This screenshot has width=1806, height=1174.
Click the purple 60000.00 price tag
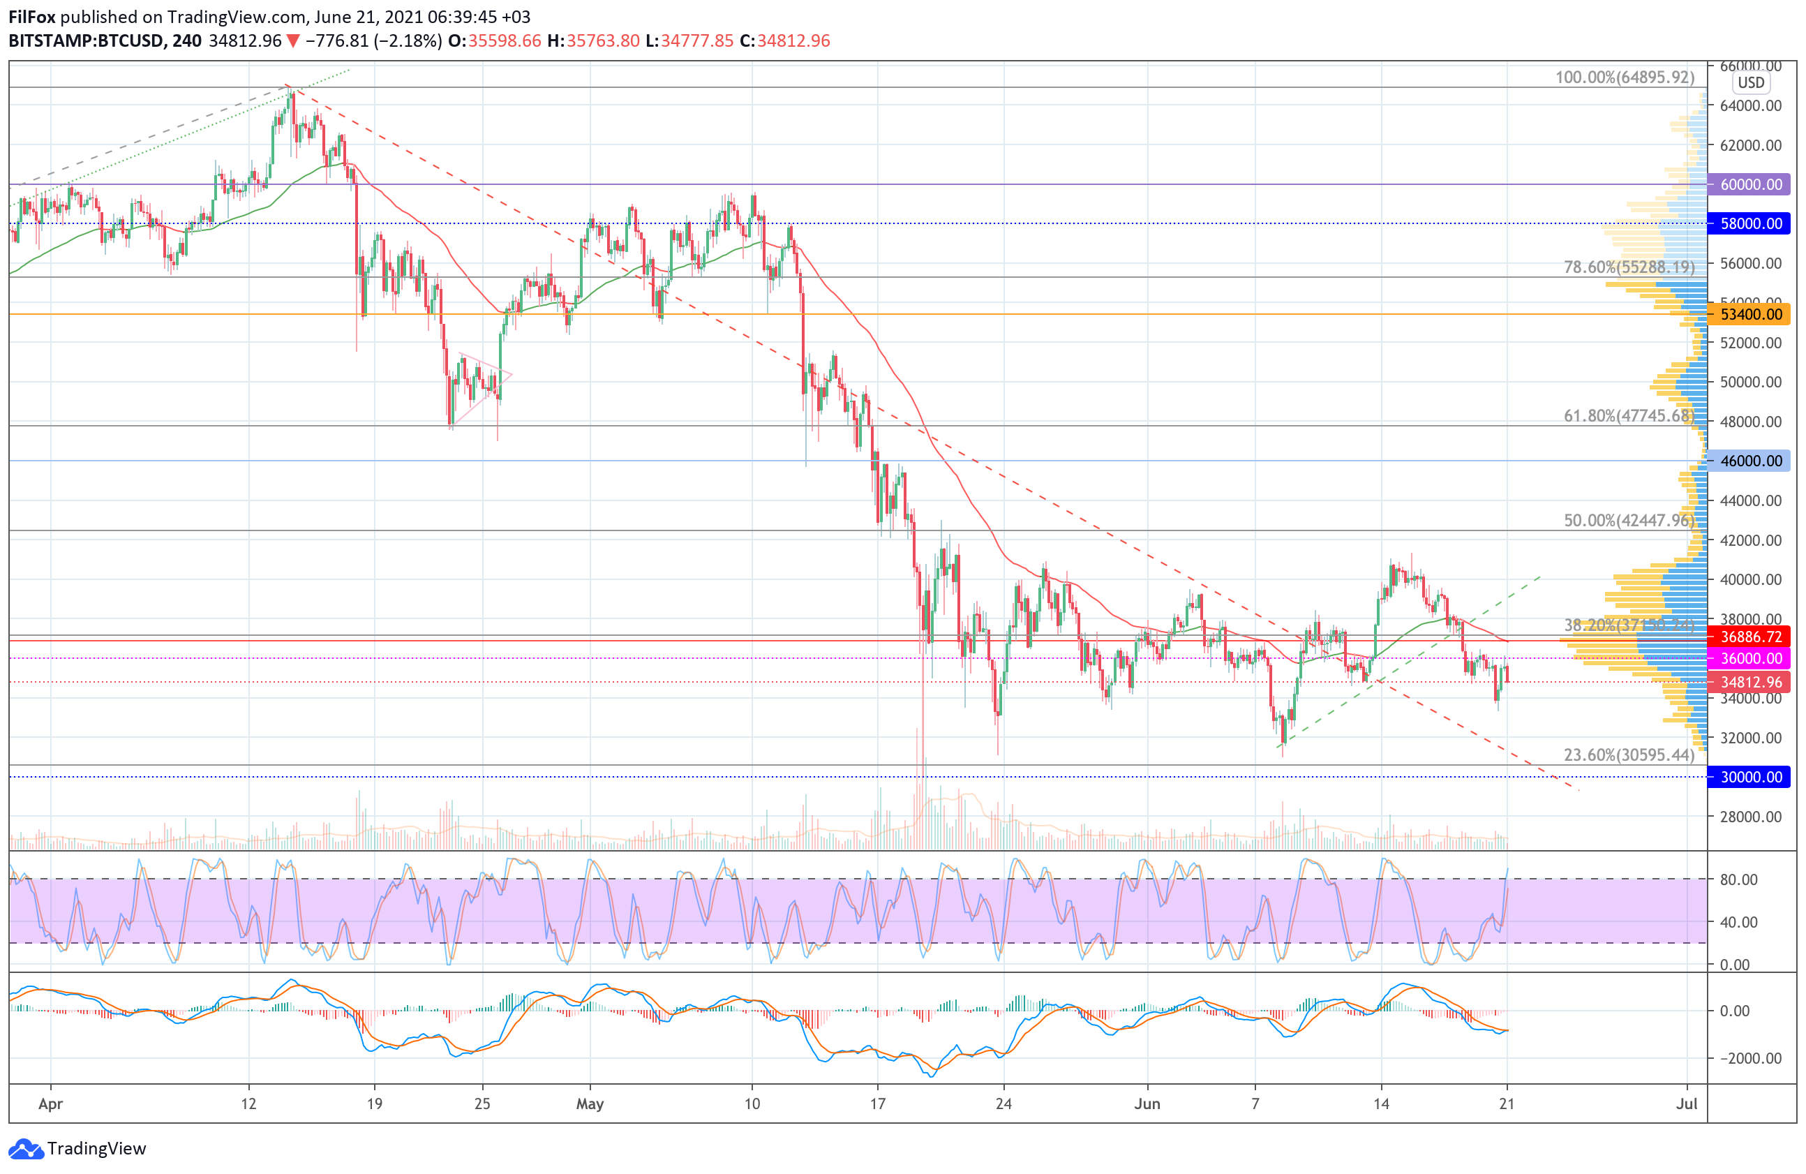pos(1751,184)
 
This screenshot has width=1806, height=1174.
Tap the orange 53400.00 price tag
pos(1751,314)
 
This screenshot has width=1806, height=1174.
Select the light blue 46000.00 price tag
pos(1751,461)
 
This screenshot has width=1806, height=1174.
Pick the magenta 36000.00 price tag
pos(1751,658)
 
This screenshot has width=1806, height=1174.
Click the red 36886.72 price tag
pos(1751,637)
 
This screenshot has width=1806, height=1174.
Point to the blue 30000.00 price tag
pos(1751,777)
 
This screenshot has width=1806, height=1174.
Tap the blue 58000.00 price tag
pos(1751,223)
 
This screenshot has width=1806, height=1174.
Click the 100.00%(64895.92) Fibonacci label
pos(1625,77)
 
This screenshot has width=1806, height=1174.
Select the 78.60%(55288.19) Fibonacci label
pos(1629,267)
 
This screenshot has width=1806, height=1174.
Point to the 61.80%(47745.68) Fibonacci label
pos(1629,416)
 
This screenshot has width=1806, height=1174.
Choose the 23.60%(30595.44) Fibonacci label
pos(1629,755)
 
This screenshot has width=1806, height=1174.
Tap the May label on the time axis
pos(590,1104)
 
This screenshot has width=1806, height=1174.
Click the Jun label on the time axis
pos(1147,1104)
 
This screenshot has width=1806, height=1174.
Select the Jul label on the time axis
pos(1686,1104)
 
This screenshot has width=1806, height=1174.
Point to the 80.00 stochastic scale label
pos(1738,879)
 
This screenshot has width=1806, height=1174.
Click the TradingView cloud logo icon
pos(26,1149)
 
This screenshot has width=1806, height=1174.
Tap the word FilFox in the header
pos(32,17)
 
